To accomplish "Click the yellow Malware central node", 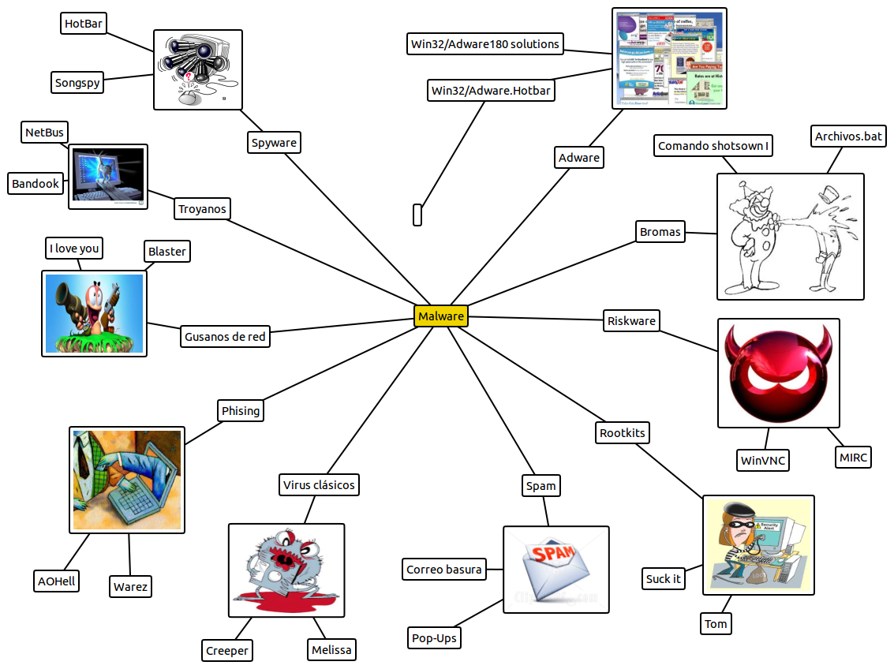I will click(440, 316).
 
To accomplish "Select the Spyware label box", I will click(273, 143).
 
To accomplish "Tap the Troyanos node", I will click(202, 209).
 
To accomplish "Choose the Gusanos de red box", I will click(225, 337).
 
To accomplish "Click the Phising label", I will click(240, 411).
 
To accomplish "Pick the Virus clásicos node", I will click(319, 484).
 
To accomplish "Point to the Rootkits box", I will click(622, 433).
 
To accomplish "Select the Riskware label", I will click(631, 321).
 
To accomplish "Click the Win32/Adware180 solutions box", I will click(484, 44).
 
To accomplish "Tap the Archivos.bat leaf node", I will click(848, 136).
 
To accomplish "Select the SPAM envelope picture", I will click(556, 570).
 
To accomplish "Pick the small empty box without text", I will click(417, 215).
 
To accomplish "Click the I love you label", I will click(74, 249).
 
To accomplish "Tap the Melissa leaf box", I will click(331, 650).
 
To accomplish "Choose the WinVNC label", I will click(762, 460).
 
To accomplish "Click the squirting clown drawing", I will click(790, 237).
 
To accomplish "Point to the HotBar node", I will click(84, 24).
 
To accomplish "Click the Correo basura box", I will click(443, 570).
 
